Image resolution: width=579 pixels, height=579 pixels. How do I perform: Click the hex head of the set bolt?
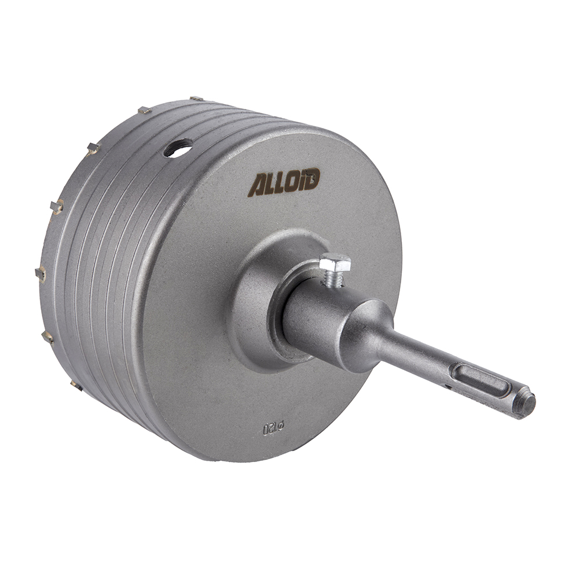(x=335, y=263)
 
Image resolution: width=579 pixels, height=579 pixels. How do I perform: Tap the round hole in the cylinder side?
(x=178, y=148)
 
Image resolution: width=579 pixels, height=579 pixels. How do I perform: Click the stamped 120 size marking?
(x=270, y=429)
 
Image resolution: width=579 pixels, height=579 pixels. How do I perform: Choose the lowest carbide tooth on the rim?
(x=75, y=383)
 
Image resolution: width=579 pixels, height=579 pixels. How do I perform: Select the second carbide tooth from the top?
(x=144, y=109)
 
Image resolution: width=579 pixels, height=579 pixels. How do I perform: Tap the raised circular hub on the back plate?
(x=266, y=301)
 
